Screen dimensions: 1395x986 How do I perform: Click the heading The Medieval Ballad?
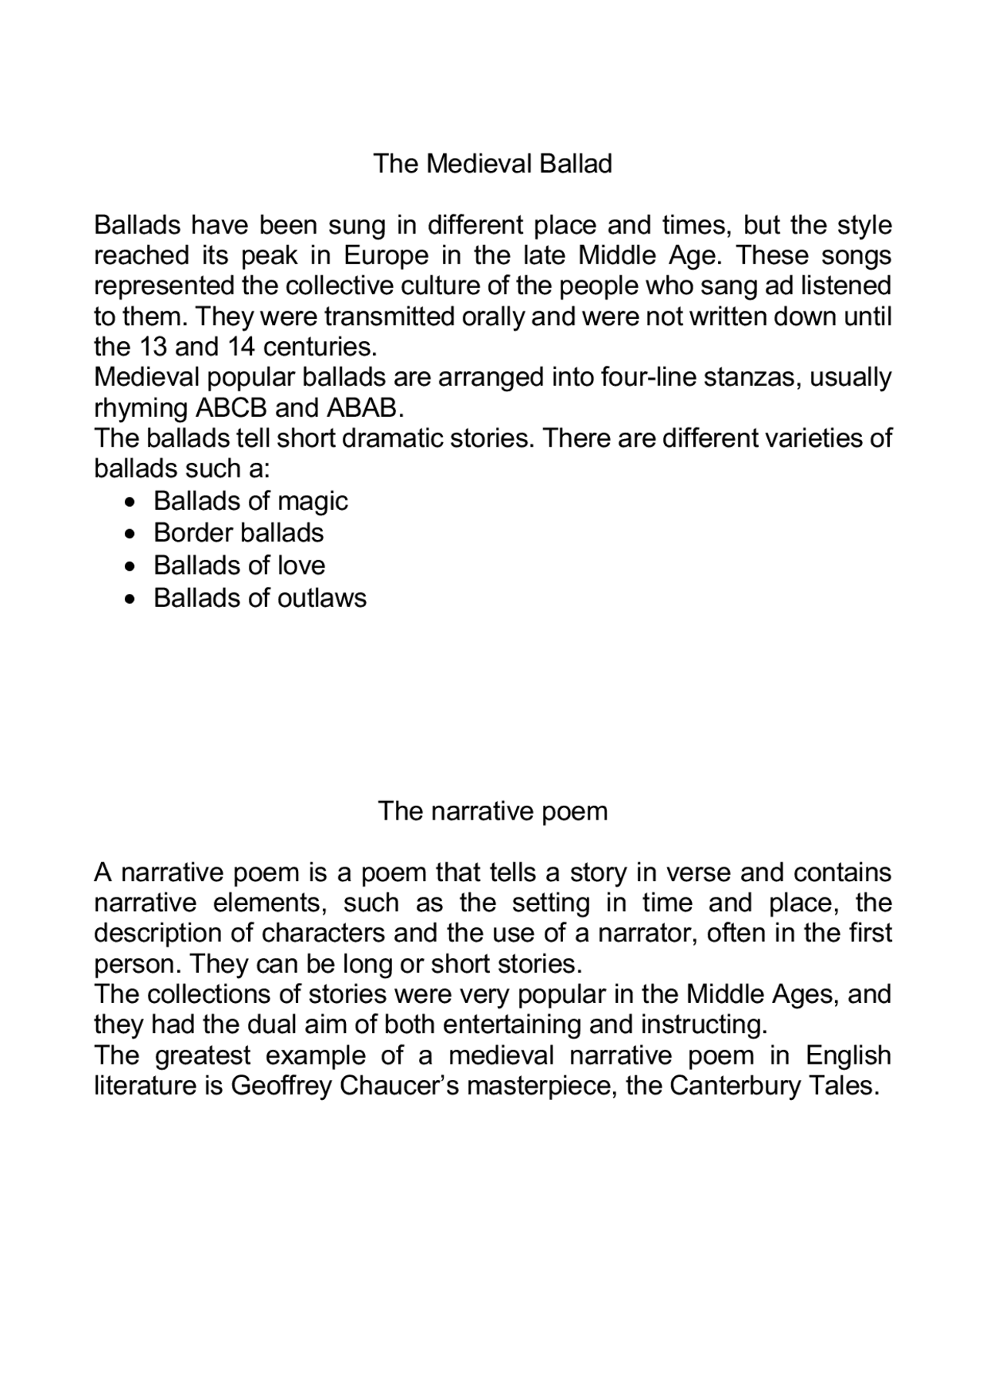pyautogui.click(x=492, y=164)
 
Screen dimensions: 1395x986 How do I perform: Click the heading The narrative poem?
pyautogui.click(x=492, y=811)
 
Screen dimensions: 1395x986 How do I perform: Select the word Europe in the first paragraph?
pyautogui.click(x=375, y=256)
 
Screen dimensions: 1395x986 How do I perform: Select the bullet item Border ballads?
pyautogui.click(x=239, y=533)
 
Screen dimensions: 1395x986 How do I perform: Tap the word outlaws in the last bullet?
pyautogui.click(x=322, y=598)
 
